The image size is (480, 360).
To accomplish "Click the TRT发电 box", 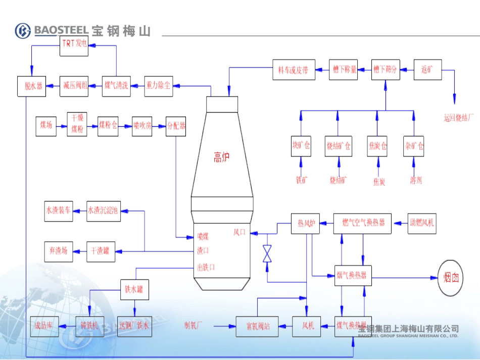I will [74, 44].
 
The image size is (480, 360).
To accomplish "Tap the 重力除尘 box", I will [158, 86].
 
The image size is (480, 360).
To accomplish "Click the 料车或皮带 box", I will [294, 70].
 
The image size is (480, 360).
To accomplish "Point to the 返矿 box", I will [428, 70].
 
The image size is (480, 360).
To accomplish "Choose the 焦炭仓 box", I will [377, 146].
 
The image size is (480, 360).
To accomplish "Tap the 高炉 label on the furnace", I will [221, 158].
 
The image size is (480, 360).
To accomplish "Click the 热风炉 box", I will [306, 224].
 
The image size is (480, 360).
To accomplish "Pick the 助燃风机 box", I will [422, 223].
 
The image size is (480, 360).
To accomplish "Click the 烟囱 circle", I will [451, 278].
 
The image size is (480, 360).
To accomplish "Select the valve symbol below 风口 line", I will [267, 253].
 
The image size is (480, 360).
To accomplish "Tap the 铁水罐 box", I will [134, 289].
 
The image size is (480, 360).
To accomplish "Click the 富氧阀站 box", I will [258, 326].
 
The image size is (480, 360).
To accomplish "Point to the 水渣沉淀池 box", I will [104, 211].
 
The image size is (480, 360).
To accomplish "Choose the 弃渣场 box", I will [59, 251].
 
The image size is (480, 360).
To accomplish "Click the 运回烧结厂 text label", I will [459, 118].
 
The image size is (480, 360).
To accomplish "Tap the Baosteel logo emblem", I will [23, 31].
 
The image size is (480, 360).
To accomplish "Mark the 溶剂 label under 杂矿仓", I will [416, 180].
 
